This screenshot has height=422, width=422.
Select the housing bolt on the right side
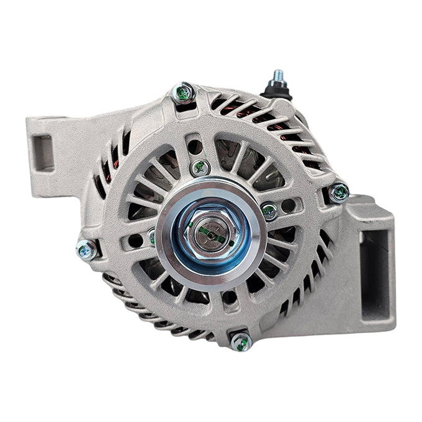pos(338,192)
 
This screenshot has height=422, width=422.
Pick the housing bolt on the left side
pos(86,249)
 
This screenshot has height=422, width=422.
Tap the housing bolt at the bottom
pos(241,341)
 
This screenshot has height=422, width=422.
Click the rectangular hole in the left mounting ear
pos(43,152)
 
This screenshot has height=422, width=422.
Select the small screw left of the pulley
pos(151,236)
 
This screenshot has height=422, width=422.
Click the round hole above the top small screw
pos(194,146)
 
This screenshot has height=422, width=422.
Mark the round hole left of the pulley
pos(135,240)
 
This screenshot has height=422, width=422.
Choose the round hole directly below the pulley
pos(227,297)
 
